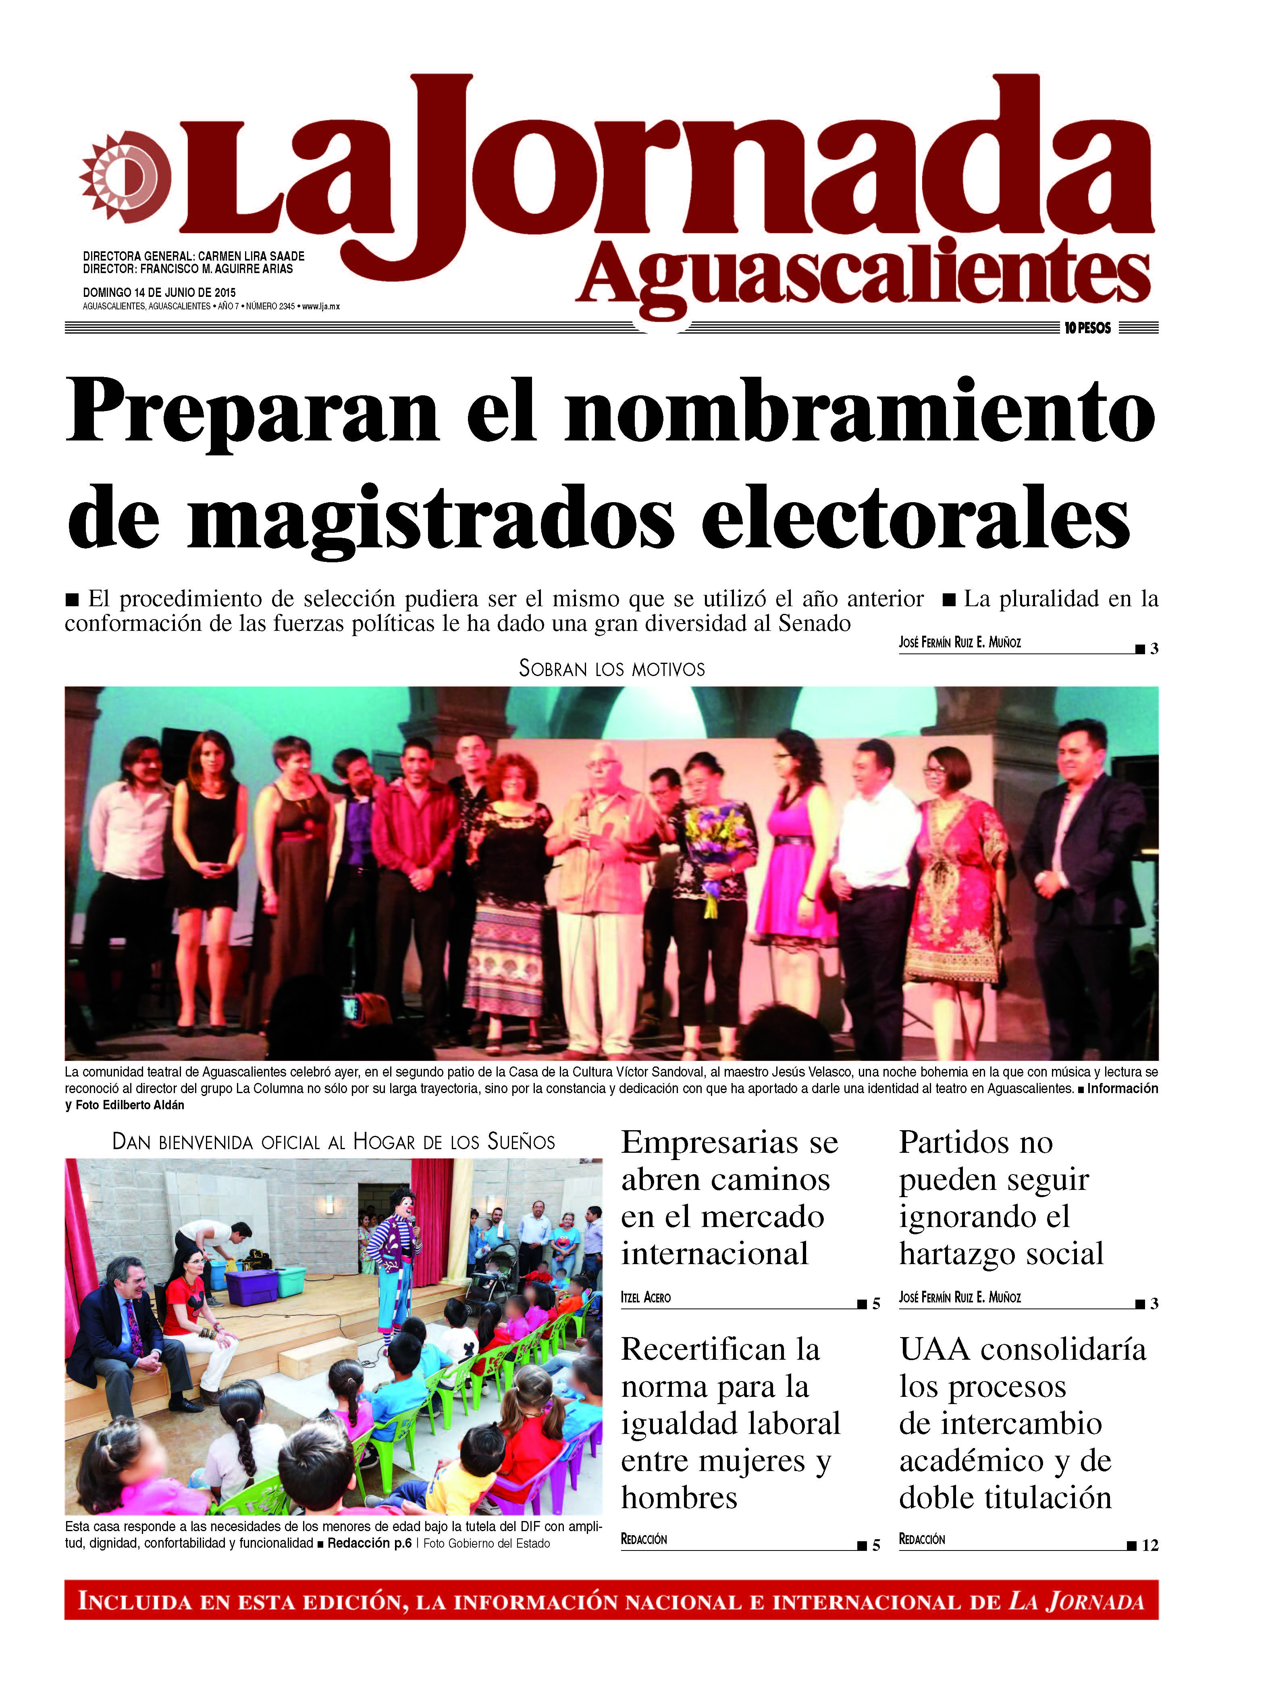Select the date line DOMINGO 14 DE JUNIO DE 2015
pyautogui.click(x=159, y=292)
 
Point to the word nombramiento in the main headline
pyautogui.click(x=860, y=413)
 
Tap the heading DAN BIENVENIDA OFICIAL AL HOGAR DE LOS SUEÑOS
pyautogui.click(x=333, y=1142)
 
